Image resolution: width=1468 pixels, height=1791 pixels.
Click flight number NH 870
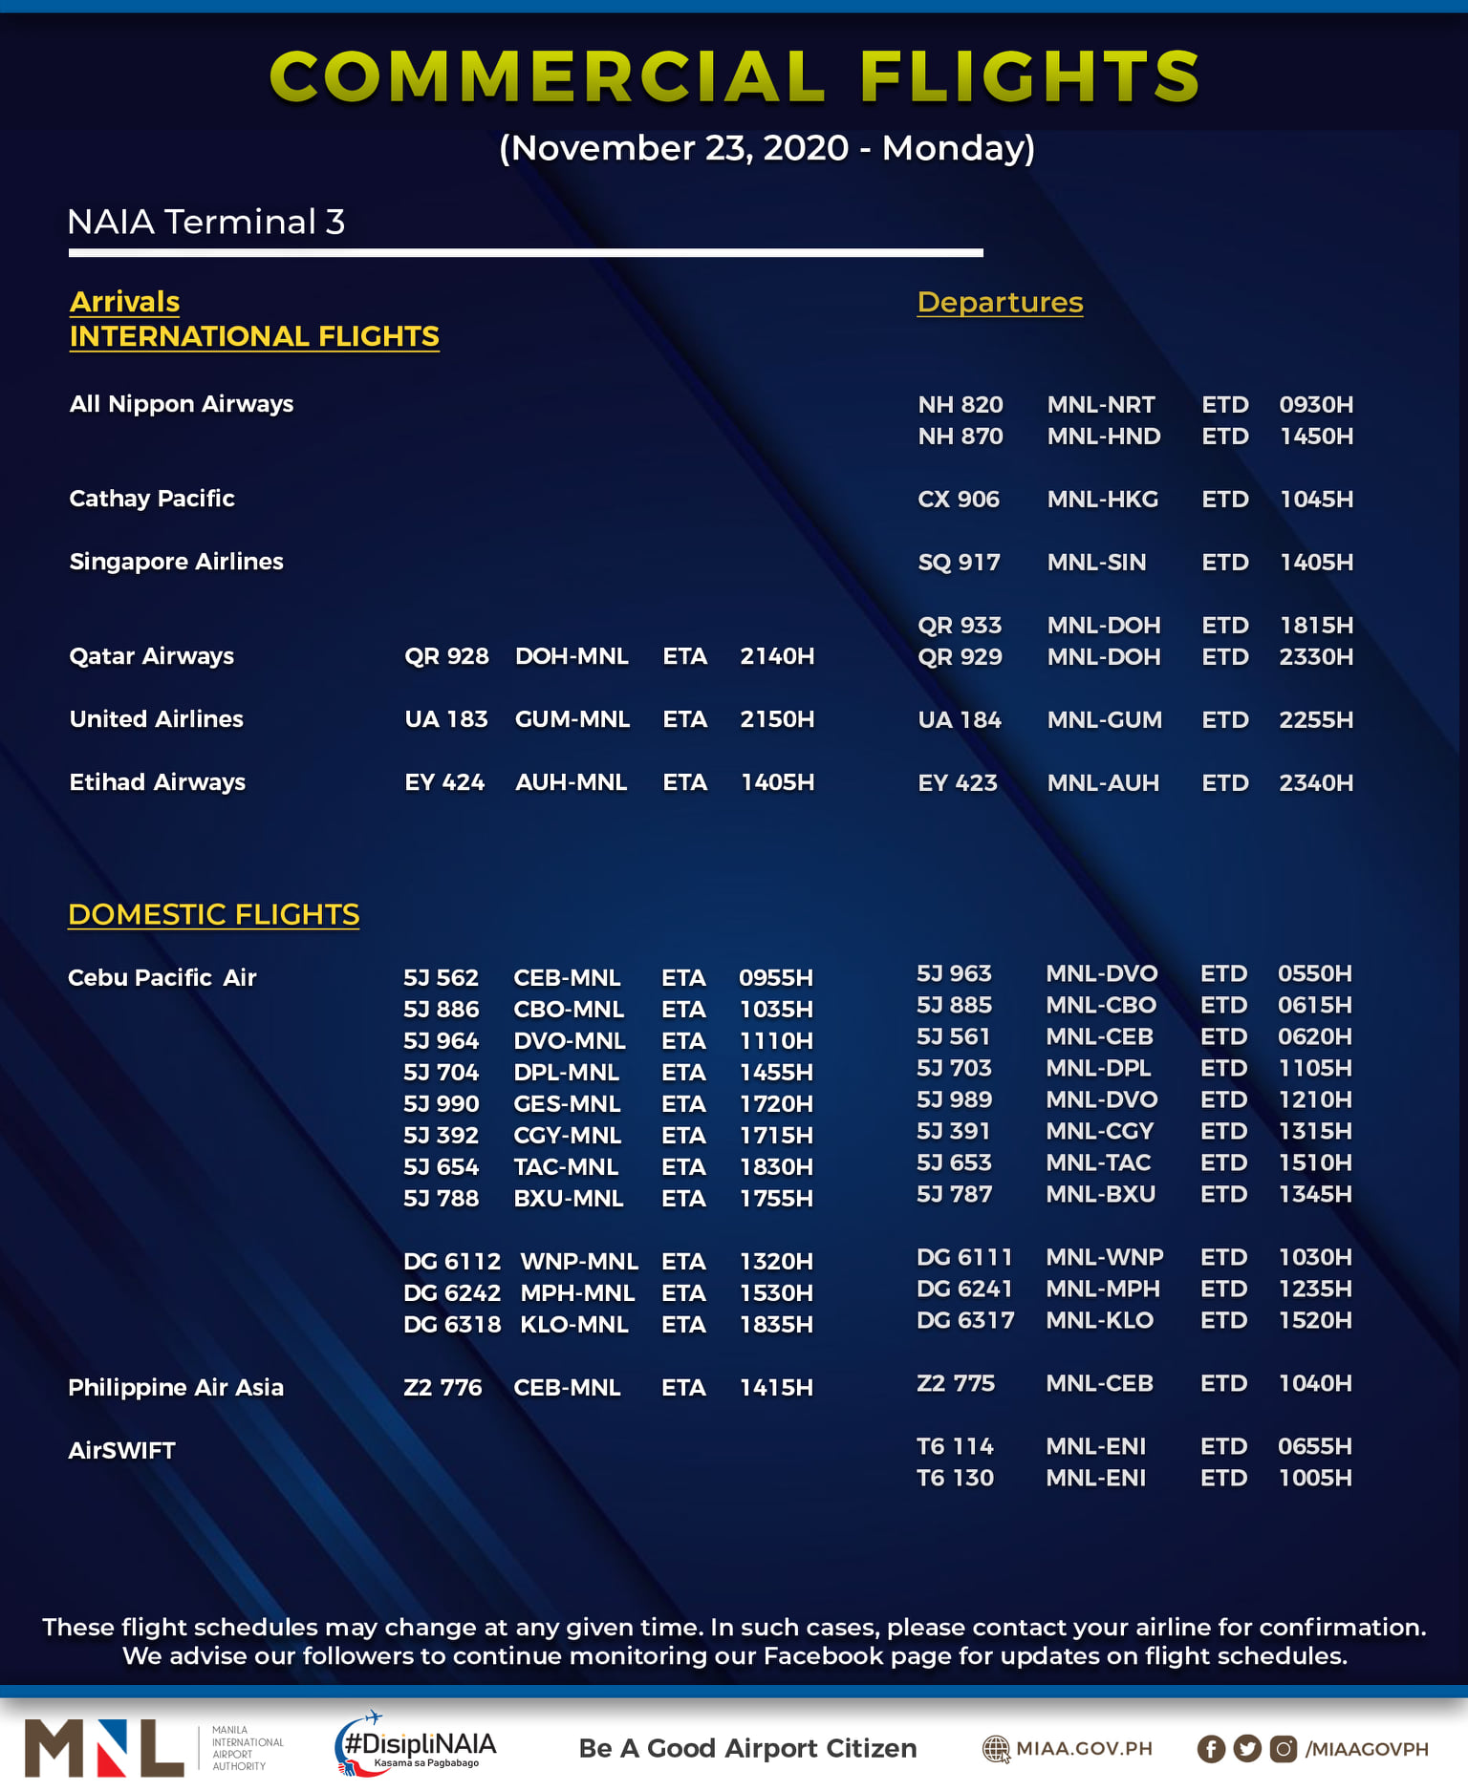(960, 437)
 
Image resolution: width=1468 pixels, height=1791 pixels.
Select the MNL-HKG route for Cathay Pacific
(1102, 500)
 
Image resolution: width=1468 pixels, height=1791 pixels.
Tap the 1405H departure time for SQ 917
(1315, 563)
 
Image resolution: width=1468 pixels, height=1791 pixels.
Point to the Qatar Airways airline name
(151, 656)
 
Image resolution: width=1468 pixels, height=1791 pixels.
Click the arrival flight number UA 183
(445, 719)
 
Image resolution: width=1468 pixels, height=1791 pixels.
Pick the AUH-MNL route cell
(571, 782)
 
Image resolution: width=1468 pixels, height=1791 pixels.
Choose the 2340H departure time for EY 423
(1315, 783)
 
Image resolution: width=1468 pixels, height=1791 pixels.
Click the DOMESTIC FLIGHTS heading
(213, 914)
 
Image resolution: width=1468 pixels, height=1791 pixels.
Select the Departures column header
(999, 303)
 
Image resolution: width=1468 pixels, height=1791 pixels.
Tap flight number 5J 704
(441, 1073)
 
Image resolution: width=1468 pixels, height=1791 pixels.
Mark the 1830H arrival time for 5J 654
(775, 1167)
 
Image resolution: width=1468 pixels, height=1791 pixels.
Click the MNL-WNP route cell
(1104, 1257)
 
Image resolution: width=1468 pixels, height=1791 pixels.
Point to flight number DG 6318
(451, 1325)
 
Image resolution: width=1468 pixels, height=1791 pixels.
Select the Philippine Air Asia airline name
(176, 1388)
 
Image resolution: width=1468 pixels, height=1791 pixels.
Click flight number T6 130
(954, 1479)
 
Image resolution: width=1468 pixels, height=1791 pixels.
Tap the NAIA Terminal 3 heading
(205, 223)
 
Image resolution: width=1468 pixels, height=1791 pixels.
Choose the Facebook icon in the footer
(1210, 1749)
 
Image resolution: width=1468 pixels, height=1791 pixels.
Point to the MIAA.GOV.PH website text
(1083, 1749)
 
